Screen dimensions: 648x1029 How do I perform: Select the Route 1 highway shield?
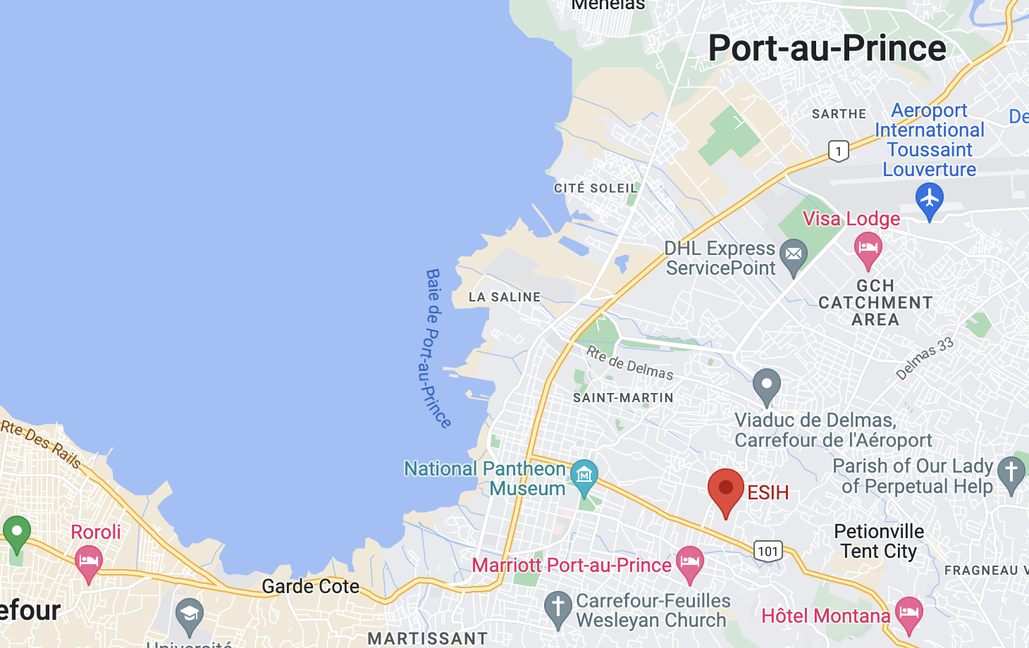(x=838, y=151)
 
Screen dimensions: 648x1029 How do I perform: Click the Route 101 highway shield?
(x=768, y=551)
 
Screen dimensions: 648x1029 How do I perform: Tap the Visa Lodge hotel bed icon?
(x=868, y=248)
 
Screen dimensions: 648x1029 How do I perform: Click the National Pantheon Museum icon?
(x=584, y=475)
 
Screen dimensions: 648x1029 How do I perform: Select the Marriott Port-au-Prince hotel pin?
(x=689, y=561)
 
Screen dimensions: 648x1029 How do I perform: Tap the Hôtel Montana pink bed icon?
(x=908, y=612)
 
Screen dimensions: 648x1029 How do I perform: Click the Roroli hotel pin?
(x=88, y=561)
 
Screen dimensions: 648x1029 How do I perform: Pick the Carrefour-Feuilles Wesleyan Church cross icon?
(x=557, y=606)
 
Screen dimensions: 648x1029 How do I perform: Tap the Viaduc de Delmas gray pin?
(x=766, y=385)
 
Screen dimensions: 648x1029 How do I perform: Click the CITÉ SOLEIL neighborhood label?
(x=596, y=188)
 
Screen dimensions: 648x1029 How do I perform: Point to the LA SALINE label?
(x=505, y=297)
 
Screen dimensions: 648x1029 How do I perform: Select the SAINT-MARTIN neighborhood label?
(x=623, y=398)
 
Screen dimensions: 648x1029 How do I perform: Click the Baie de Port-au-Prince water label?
(x=437, y=349)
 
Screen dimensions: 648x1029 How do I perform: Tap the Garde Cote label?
(x=310, y=586)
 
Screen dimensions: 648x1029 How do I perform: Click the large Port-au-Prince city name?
(x=827, y=48)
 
